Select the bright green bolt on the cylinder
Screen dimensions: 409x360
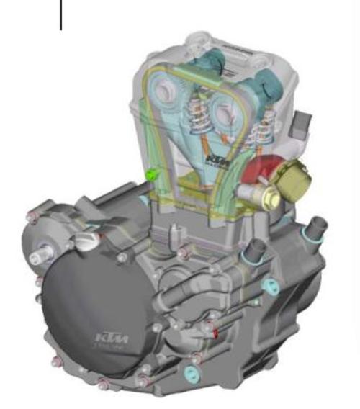click(x=151, y=174)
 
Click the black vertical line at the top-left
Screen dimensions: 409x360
click(x=60, y=15)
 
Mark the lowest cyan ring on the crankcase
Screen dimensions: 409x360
click(x=192, y=373)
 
